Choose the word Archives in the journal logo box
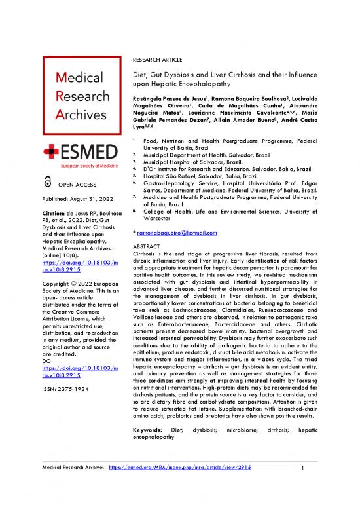click(65, 115)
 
